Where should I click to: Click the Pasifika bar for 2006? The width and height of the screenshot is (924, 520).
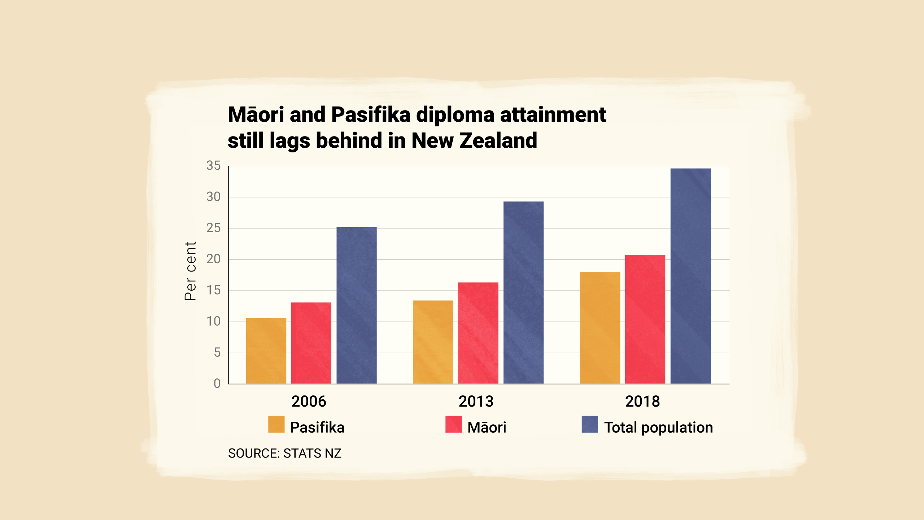tap(266, 351)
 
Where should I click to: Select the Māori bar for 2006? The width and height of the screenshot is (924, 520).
tap(311, 343)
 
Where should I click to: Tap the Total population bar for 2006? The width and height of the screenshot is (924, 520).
tap(357, 305)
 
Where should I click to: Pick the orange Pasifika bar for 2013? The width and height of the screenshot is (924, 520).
tap(433, 342)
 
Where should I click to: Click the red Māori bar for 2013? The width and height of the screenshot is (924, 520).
tap(478, 333)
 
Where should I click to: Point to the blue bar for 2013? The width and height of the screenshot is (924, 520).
tap(523, 292)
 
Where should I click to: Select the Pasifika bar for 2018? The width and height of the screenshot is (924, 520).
tap(600, 328)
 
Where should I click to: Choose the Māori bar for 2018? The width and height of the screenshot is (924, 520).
tap(645, 319)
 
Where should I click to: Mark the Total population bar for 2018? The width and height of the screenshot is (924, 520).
tap(690, 276)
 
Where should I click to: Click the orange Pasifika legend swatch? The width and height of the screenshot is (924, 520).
tap(276, 424)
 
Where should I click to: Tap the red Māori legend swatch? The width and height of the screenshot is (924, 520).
tap(454, 424)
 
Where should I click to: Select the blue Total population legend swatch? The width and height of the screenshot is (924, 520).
tap(590, 424)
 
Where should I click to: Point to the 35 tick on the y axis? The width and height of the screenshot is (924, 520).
tap(213, 166)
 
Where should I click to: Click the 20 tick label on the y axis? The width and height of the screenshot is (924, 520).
tap(213, 259)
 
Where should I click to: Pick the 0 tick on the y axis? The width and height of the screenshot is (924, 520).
tap(217, 383)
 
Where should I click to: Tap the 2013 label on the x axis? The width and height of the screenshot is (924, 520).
tap(476, 402)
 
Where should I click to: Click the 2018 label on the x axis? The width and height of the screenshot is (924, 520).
tap(642, 402)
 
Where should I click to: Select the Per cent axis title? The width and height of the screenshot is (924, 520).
tap(190, 271)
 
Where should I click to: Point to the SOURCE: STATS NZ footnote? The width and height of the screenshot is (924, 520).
tap(284, 453)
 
